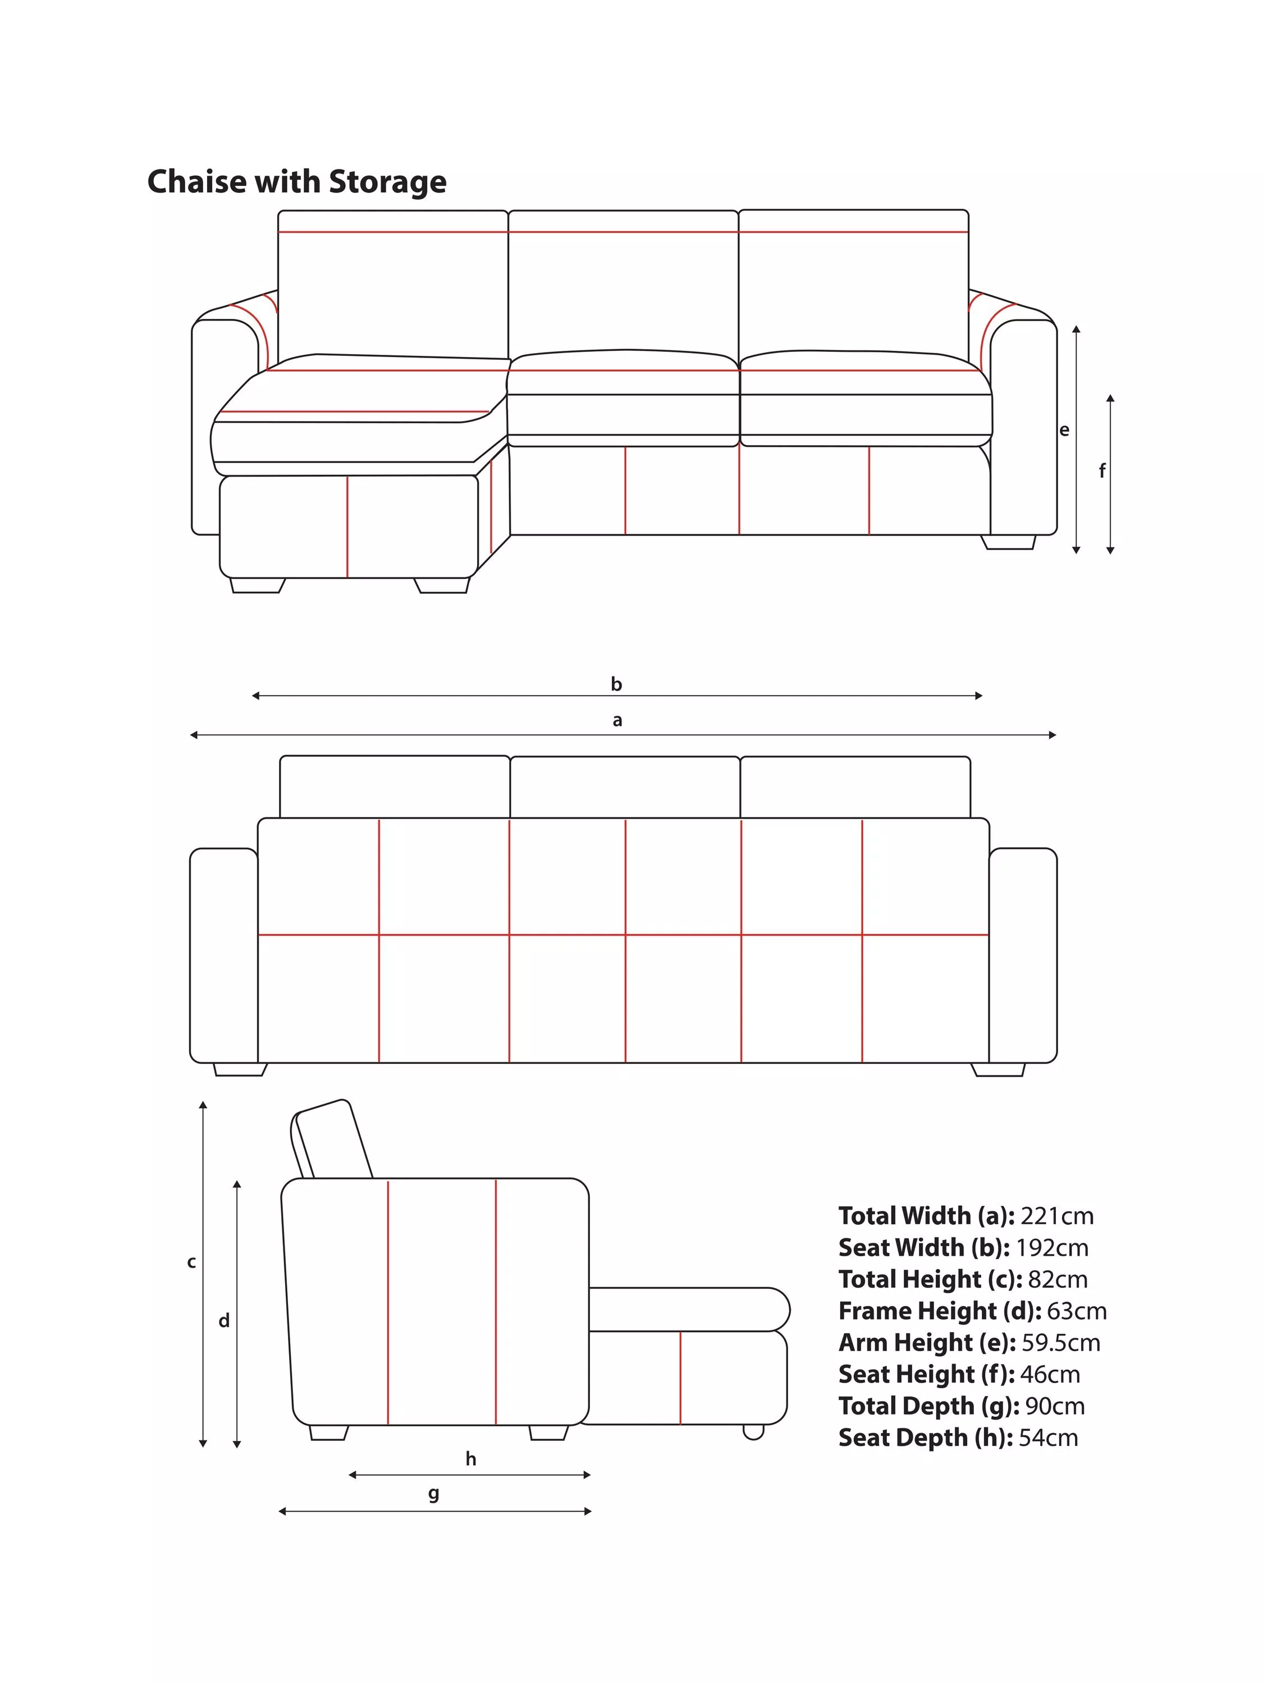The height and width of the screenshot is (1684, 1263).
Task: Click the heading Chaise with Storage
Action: (x=296, y=182)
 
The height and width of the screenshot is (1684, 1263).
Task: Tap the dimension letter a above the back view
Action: (x=617, y=720)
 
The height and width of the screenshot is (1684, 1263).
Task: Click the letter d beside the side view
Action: (x=224, y=1320)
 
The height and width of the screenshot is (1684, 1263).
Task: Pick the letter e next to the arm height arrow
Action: (x=1064, y=430)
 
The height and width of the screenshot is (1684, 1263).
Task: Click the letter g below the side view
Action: (x=433, y=1494)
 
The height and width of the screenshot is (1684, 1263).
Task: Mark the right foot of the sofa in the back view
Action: (x=998, y=1070)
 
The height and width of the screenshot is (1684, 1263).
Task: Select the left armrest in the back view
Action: (x=224, y=955)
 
